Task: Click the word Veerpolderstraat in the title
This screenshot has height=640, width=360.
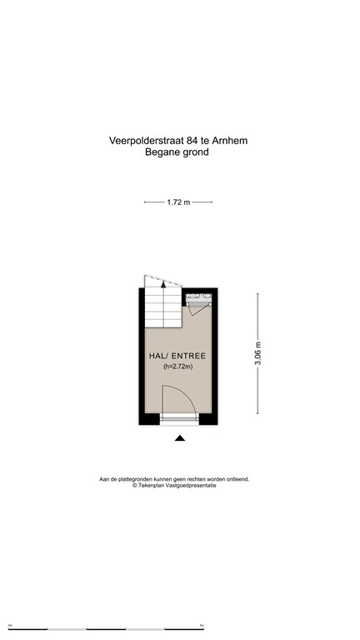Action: [x=146, y=141]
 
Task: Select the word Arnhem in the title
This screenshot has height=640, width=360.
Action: [x=230, y=140]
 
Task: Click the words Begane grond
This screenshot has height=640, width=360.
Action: [x=177, y=152]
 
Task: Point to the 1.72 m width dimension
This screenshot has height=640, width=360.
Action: [x=178, y=202]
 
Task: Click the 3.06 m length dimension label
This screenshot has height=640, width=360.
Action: [x=258, y=353]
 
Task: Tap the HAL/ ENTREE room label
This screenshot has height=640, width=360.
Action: [x=177, y=356]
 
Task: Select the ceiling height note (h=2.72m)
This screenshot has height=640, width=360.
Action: [x=178, y=367]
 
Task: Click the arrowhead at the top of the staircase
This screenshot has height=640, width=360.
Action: [x=163, y=283]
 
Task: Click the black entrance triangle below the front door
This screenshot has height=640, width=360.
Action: [x=180, y=438]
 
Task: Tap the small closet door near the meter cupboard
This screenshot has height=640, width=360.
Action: [x=200, y=309]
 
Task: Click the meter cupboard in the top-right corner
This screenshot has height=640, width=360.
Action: [x=199, y=298]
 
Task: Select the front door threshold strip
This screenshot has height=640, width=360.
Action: [x=179, y=419]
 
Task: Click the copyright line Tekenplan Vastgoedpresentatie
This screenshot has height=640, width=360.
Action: [x=174, y=485]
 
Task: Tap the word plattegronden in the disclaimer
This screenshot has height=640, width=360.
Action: [x=140, y=479]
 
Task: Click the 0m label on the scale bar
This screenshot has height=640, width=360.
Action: [x=10, y=625]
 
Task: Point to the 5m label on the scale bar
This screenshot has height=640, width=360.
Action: [x=202, y=625]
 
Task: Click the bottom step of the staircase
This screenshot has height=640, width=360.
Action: [x=163, y=323]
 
